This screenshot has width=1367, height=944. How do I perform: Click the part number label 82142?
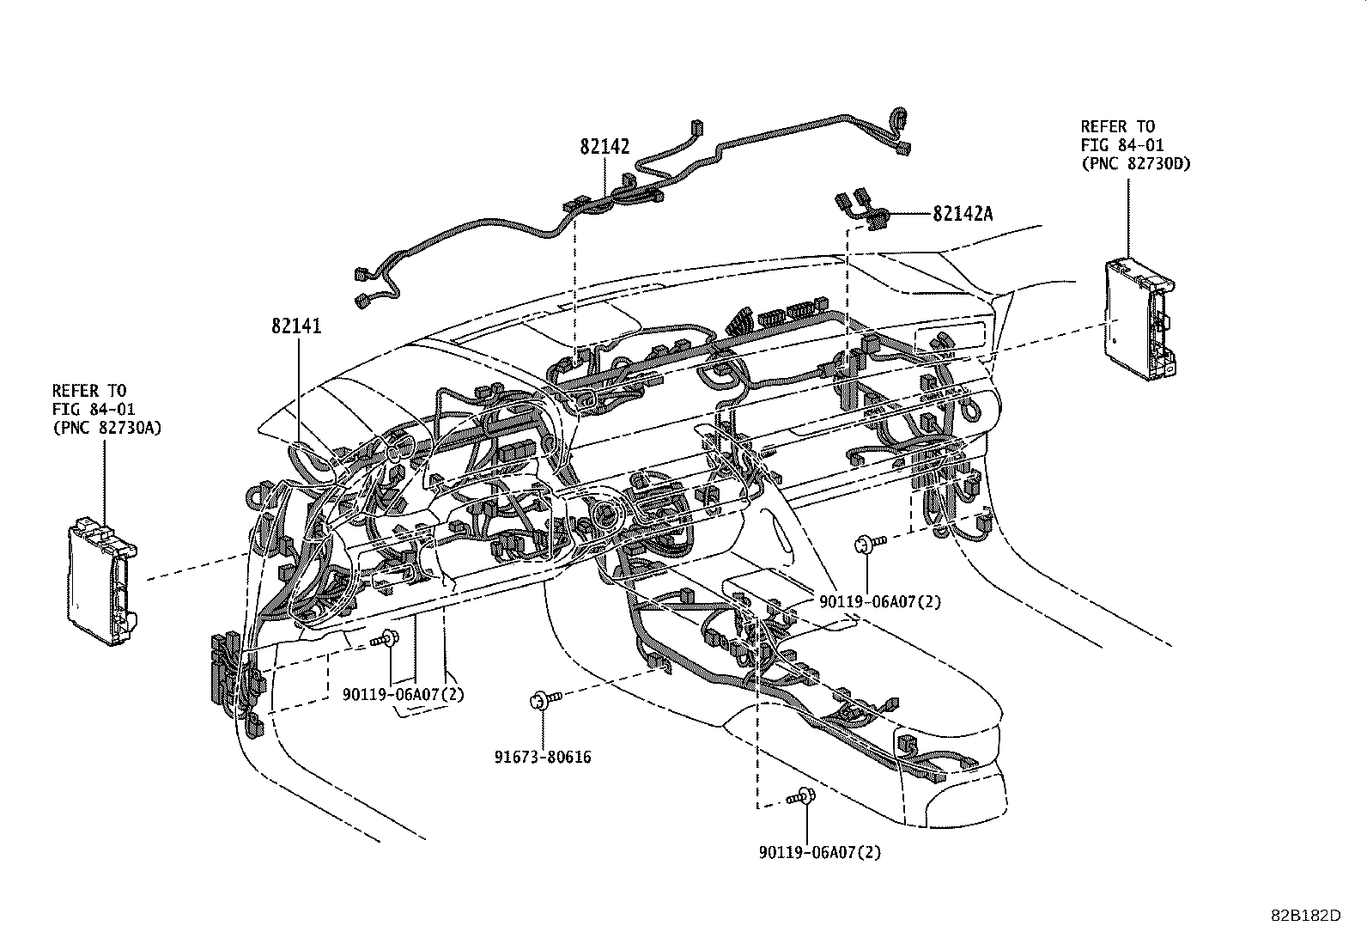(x=605, y=147)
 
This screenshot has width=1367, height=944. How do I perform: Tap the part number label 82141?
(x=296, y=326)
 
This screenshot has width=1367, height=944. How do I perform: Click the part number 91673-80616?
(x=542, y=757)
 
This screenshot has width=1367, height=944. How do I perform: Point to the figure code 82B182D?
(x=1306, y=916)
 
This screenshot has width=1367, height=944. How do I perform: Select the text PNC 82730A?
(x=106, y=427)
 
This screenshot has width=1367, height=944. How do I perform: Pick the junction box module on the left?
(x=102, y=571)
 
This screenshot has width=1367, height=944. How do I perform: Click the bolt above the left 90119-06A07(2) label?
(x=386, y=638)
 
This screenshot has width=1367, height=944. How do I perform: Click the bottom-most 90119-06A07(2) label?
(x=819, y=852)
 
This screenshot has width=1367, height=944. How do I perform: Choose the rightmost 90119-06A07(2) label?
(x=879, y=601)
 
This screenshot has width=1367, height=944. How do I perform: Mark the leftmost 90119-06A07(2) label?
(x=403, y=693)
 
